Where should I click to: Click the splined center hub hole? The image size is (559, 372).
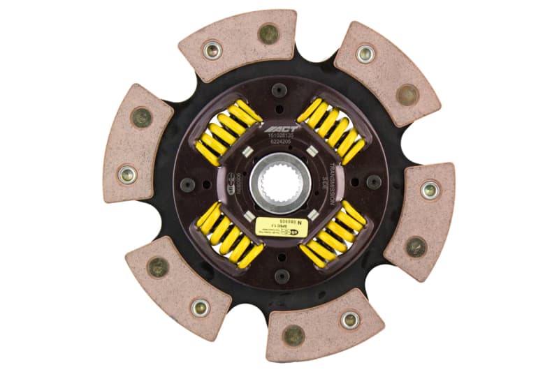(x=280, y=183)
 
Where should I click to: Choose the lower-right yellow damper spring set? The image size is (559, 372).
(x=333, y=236)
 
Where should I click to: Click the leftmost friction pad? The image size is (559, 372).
(x=136, y=144)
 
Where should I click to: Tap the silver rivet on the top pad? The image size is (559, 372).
(x=212, y=49)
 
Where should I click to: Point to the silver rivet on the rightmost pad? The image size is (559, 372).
(x=430, y=189)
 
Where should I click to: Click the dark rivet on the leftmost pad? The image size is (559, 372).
(x=142, y=117)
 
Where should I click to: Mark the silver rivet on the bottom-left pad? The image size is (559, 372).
(x=201, y=307)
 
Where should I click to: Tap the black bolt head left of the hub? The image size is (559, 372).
(x=188, y=184)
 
